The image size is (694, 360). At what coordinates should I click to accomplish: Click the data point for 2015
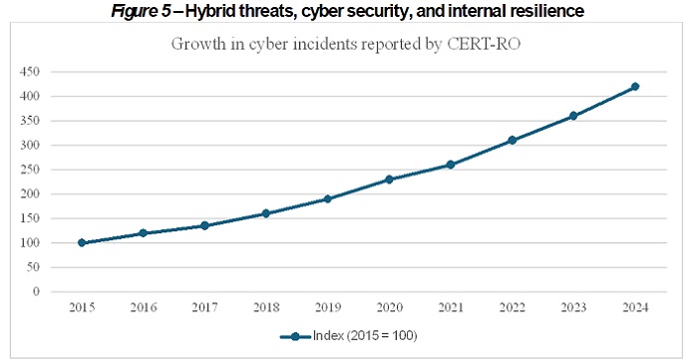(82, 242)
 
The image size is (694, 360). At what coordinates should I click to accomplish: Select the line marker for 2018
(266, 213)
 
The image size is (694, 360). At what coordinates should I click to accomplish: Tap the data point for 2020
(389, 180)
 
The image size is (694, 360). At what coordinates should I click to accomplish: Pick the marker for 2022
(513, 141)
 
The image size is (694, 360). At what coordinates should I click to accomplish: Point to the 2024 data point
(635, 87)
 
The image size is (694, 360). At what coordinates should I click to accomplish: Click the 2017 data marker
(204, 225)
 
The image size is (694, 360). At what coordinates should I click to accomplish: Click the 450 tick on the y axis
(30, 71)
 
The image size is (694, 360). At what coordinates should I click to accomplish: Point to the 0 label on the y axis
(36, 291)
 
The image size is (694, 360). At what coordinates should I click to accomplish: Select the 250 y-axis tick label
(30, 170)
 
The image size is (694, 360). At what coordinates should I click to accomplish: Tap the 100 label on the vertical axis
(30, 242)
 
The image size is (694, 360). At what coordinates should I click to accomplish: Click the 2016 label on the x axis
(144, 307)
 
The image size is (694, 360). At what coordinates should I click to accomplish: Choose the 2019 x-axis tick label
(328, 307)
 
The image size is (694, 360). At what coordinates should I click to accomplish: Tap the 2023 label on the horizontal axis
(573, 307)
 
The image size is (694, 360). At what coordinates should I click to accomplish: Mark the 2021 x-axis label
(451, 307)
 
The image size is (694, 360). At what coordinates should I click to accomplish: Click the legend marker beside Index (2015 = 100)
(295, 336)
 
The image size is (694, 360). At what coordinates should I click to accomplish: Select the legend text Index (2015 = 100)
(365, 336)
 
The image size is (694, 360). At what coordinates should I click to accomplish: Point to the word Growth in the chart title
(198, 44)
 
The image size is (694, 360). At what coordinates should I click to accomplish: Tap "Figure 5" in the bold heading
(141, 11)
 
